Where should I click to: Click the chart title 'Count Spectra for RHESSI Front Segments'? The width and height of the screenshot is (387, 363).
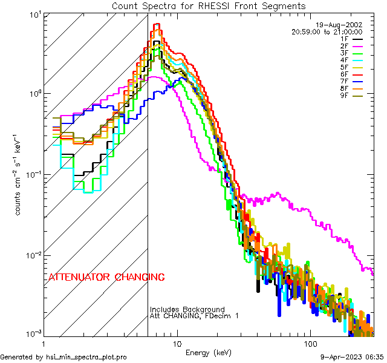[209, 5]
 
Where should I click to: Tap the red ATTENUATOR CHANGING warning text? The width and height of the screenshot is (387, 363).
[106, 278]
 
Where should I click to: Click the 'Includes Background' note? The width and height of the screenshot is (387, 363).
[187, 310]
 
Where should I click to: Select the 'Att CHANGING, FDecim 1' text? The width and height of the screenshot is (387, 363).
[194, 316]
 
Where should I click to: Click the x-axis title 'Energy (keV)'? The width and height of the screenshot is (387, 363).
[209, 352]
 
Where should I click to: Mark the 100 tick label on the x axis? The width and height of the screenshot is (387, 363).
[310, 343]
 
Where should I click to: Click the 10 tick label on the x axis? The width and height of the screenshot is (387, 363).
[177, 343]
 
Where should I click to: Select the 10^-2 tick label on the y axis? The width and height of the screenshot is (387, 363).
[32, 255]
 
